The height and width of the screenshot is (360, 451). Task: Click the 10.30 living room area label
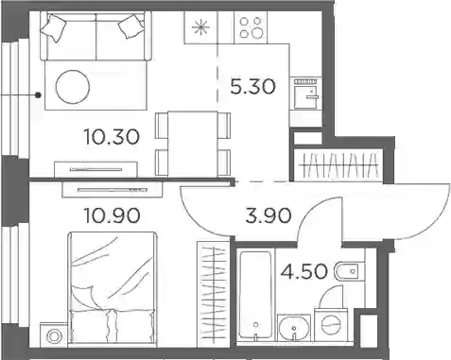coord(112,137)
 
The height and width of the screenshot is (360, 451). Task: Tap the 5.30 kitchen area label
coord(252,87)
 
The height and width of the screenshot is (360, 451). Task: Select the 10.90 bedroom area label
coord(112,216)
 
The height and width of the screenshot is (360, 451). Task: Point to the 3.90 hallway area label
coord(269,216)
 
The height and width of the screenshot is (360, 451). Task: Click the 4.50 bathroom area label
coord(304,271)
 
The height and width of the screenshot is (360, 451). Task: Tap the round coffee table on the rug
coord(73,87)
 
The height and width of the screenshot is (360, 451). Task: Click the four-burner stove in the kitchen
coord(251,27)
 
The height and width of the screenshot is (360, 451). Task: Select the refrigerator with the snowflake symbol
coord(201,27)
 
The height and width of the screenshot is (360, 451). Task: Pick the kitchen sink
coord(305,94)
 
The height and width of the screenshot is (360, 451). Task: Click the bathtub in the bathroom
coord(255,295)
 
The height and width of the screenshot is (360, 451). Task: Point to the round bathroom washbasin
coord(294,327)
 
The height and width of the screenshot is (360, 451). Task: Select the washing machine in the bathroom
coord(331,324)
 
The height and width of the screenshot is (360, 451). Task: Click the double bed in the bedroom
coord(113,289)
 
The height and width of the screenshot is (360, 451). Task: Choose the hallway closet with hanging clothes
coord(338,164)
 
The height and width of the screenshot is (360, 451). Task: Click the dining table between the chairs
coord(193,144)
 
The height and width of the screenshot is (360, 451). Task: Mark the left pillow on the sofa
coord(54,27)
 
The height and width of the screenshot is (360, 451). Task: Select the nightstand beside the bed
coord(54,335)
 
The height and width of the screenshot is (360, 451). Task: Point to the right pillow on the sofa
coord(131,26)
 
